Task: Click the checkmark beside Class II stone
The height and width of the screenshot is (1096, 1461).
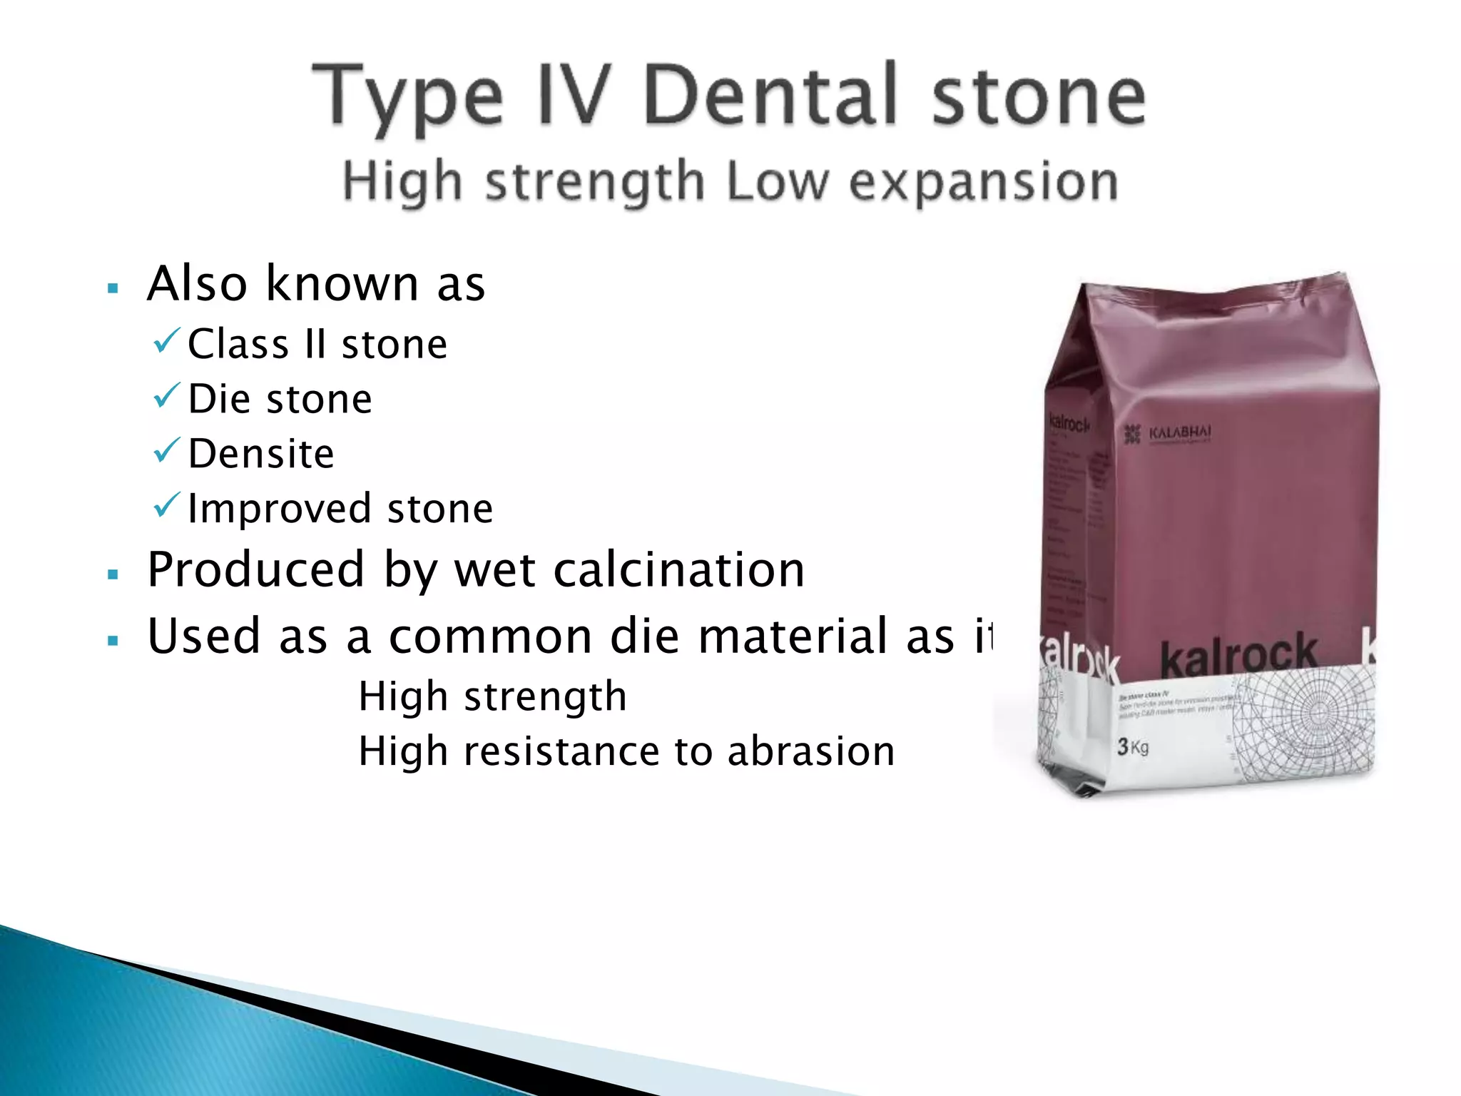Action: [x=166, y=341]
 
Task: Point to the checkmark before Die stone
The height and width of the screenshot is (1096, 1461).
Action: [x=166, y=396]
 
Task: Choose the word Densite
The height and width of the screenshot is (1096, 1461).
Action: [x=261, y=454]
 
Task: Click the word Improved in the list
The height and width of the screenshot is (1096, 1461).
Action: [x=279, y=509]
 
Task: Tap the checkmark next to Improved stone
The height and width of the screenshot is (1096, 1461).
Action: [x=166, y=506]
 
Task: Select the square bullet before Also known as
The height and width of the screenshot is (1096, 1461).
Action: [x=112, y=289]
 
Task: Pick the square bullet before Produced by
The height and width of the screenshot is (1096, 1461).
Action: [x=112, y=574]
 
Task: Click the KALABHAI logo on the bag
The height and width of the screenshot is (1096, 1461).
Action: [x=1168, y=433]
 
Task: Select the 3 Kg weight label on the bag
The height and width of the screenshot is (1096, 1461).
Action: [x=1133, y=747]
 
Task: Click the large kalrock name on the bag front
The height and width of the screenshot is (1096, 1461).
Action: [x=1238, y=655]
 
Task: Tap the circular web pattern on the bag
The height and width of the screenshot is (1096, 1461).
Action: [x=1317, y=714]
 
